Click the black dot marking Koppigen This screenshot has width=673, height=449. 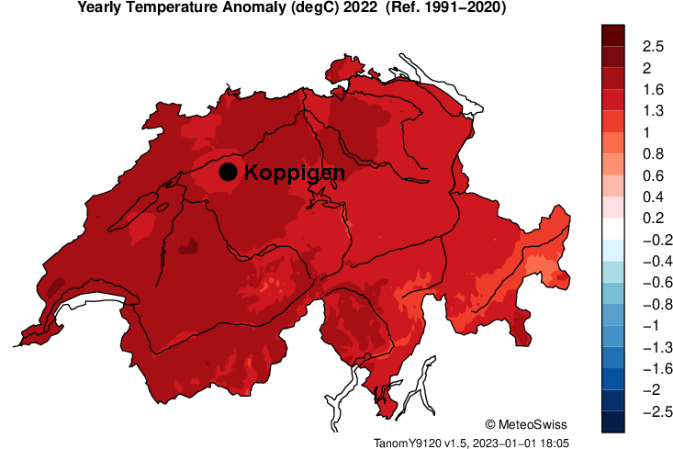tap(229, 172)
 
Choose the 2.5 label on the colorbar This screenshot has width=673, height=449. tap(653, 46)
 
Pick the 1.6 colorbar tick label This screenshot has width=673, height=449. tap(653, 89)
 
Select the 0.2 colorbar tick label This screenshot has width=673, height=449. tap(653, 218)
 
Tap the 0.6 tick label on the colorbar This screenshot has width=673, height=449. tap(653, 174)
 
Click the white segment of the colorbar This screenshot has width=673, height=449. tap(613, 229)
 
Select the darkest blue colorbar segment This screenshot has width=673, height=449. tap(613, 421)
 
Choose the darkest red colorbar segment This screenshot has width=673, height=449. tap(613, 35)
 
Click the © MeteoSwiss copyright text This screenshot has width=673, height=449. tap(526, 424)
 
